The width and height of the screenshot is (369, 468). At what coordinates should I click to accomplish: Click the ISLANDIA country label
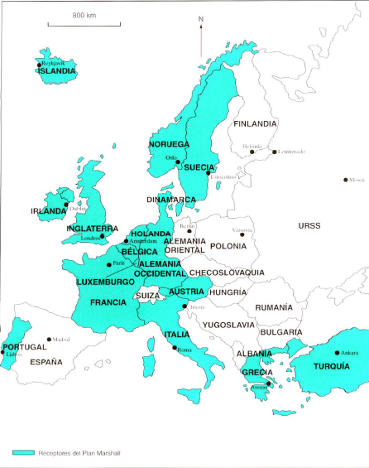coord(57,71)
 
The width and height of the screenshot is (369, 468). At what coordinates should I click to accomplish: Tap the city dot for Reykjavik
coord(39,64)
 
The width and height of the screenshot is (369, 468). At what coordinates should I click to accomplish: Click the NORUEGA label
coord(169,144)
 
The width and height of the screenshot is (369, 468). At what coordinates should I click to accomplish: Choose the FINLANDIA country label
coord(255,124)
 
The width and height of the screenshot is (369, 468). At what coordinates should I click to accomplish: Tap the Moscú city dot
coord(345,180)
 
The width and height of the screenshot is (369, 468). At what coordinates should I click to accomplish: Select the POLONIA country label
coord(229,246)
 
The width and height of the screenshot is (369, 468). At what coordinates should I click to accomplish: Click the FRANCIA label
coord(108,302)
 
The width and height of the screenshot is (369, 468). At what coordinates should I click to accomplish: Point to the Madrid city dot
coord(49,339)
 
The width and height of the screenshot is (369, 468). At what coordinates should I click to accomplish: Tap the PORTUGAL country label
coord(24,347)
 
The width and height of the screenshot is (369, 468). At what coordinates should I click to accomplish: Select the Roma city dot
coord(175,349)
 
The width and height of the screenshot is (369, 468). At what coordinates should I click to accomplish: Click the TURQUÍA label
coord(336,366)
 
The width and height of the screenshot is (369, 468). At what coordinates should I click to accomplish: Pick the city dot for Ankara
coord(338,352)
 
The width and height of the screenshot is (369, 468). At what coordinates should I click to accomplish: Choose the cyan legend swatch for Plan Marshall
coord(23,452)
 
